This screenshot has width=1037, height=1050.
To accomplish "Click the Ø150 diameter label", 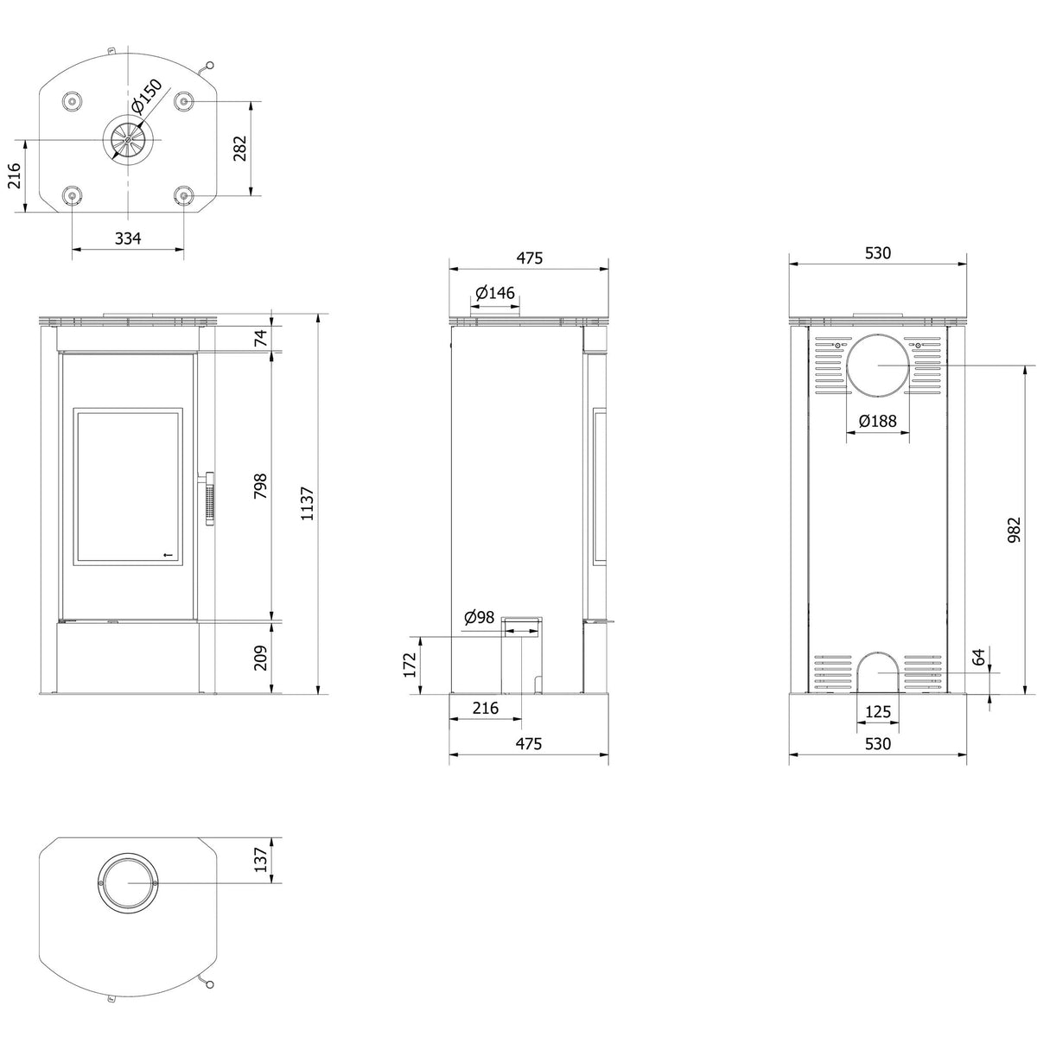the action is [147, 96].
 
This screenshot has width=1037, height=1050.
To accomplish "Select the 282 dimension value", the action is [239, 148].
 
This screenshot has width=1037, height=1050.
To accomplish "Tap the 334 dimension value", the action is [128, 239].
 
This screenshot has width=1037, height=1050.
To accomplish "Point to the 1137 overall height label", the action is [308, 504].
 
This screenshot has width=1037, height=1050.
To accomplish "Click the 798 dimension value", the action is [261, 486].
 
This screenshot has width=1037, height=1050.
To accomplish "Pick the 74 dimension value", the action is [262, 338].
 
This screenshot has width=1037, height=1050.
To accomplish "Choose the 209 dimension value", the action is [261, 658].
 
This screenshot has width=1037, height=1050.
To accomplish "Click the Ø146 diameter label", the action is [495, 293].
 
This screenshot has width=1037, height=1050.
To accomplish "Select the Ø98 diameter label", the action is [479, 617].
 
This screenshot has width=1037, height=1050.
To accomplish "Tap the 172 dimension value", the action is [410, 665].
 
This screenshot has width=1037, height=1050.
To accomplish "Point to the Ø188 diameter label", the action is [877, 421].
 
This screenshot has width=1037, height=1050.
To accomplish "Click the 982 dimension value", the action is [1014, 530].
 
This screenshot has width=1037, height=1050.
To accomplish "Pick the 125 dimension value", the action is [878, 711].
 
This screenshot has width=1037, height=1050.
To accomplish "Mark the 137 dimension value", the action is [262, 859].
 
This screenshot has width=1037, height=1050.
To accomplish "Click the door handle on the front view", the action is [208, 500].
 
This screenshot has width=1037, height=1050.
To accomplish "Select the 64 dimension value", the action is [979, 657].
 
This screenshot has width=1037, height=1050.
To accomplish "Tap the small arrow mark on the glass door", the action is [168, 555].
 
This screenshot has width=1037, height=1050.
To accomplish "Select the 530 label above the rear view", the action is [878, 253].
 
